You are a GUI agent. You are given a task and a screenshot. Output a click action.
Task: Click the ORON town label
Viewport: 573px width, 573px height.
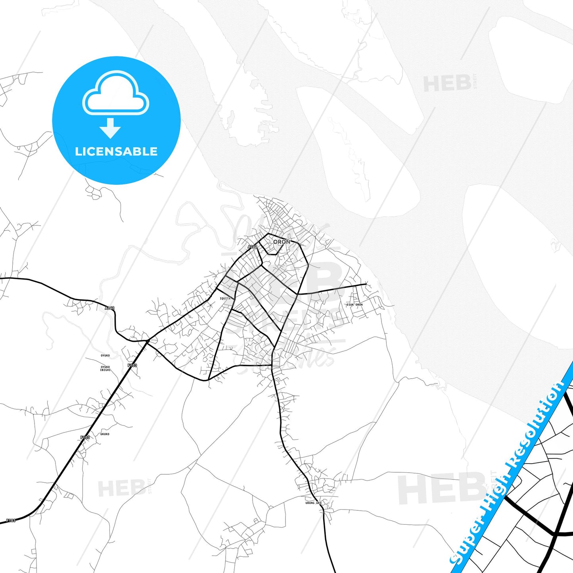tap(282, 242)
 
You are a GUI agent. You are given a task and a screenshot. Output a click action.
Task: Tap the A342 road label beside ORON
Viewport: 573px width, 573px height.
tap(253, 247)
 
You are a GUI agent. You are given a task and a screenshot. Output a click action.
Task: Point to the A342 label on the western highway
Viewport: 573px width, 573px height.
tap(110, 308)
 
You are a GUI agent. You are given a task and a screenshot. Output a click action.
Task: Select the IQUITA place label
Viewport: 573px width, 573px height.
tap(225, 299)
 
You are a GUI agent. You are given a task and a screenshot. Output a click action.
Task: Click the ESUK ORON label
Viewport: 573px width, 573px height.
tap(355, 305)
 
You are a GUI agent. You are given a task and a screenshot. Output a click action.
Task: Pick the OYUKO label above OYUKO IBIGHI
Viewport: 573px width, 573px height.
tap(105, 356)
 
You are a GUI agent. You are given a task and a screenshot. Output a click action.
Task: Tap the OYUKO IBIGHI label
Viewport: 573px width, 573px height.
tap(105, 368)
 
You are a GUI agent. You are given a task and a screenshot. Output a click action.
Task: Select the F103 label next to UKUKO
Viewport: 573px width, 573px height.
tap(85, 437)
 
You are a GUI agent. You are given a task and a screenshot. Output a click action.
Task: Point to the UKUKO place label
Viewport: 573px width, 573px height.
tap(105, 434)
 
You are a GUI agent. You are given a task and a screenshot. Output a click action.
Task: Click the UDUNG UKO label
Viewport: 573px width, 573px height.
tap(313, 503)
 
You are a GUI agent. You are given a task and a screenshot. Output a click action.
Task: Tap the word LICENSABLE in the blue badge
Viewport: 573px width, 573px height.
tap(116, 151)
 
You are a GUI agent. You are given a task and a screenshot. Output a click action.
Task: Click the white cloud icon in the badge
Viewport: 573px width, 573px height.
tap(115, 93)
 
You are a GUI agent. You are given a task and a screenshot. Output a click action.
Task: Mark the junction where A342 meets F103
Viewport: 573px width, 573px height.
tap(148, 341)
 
